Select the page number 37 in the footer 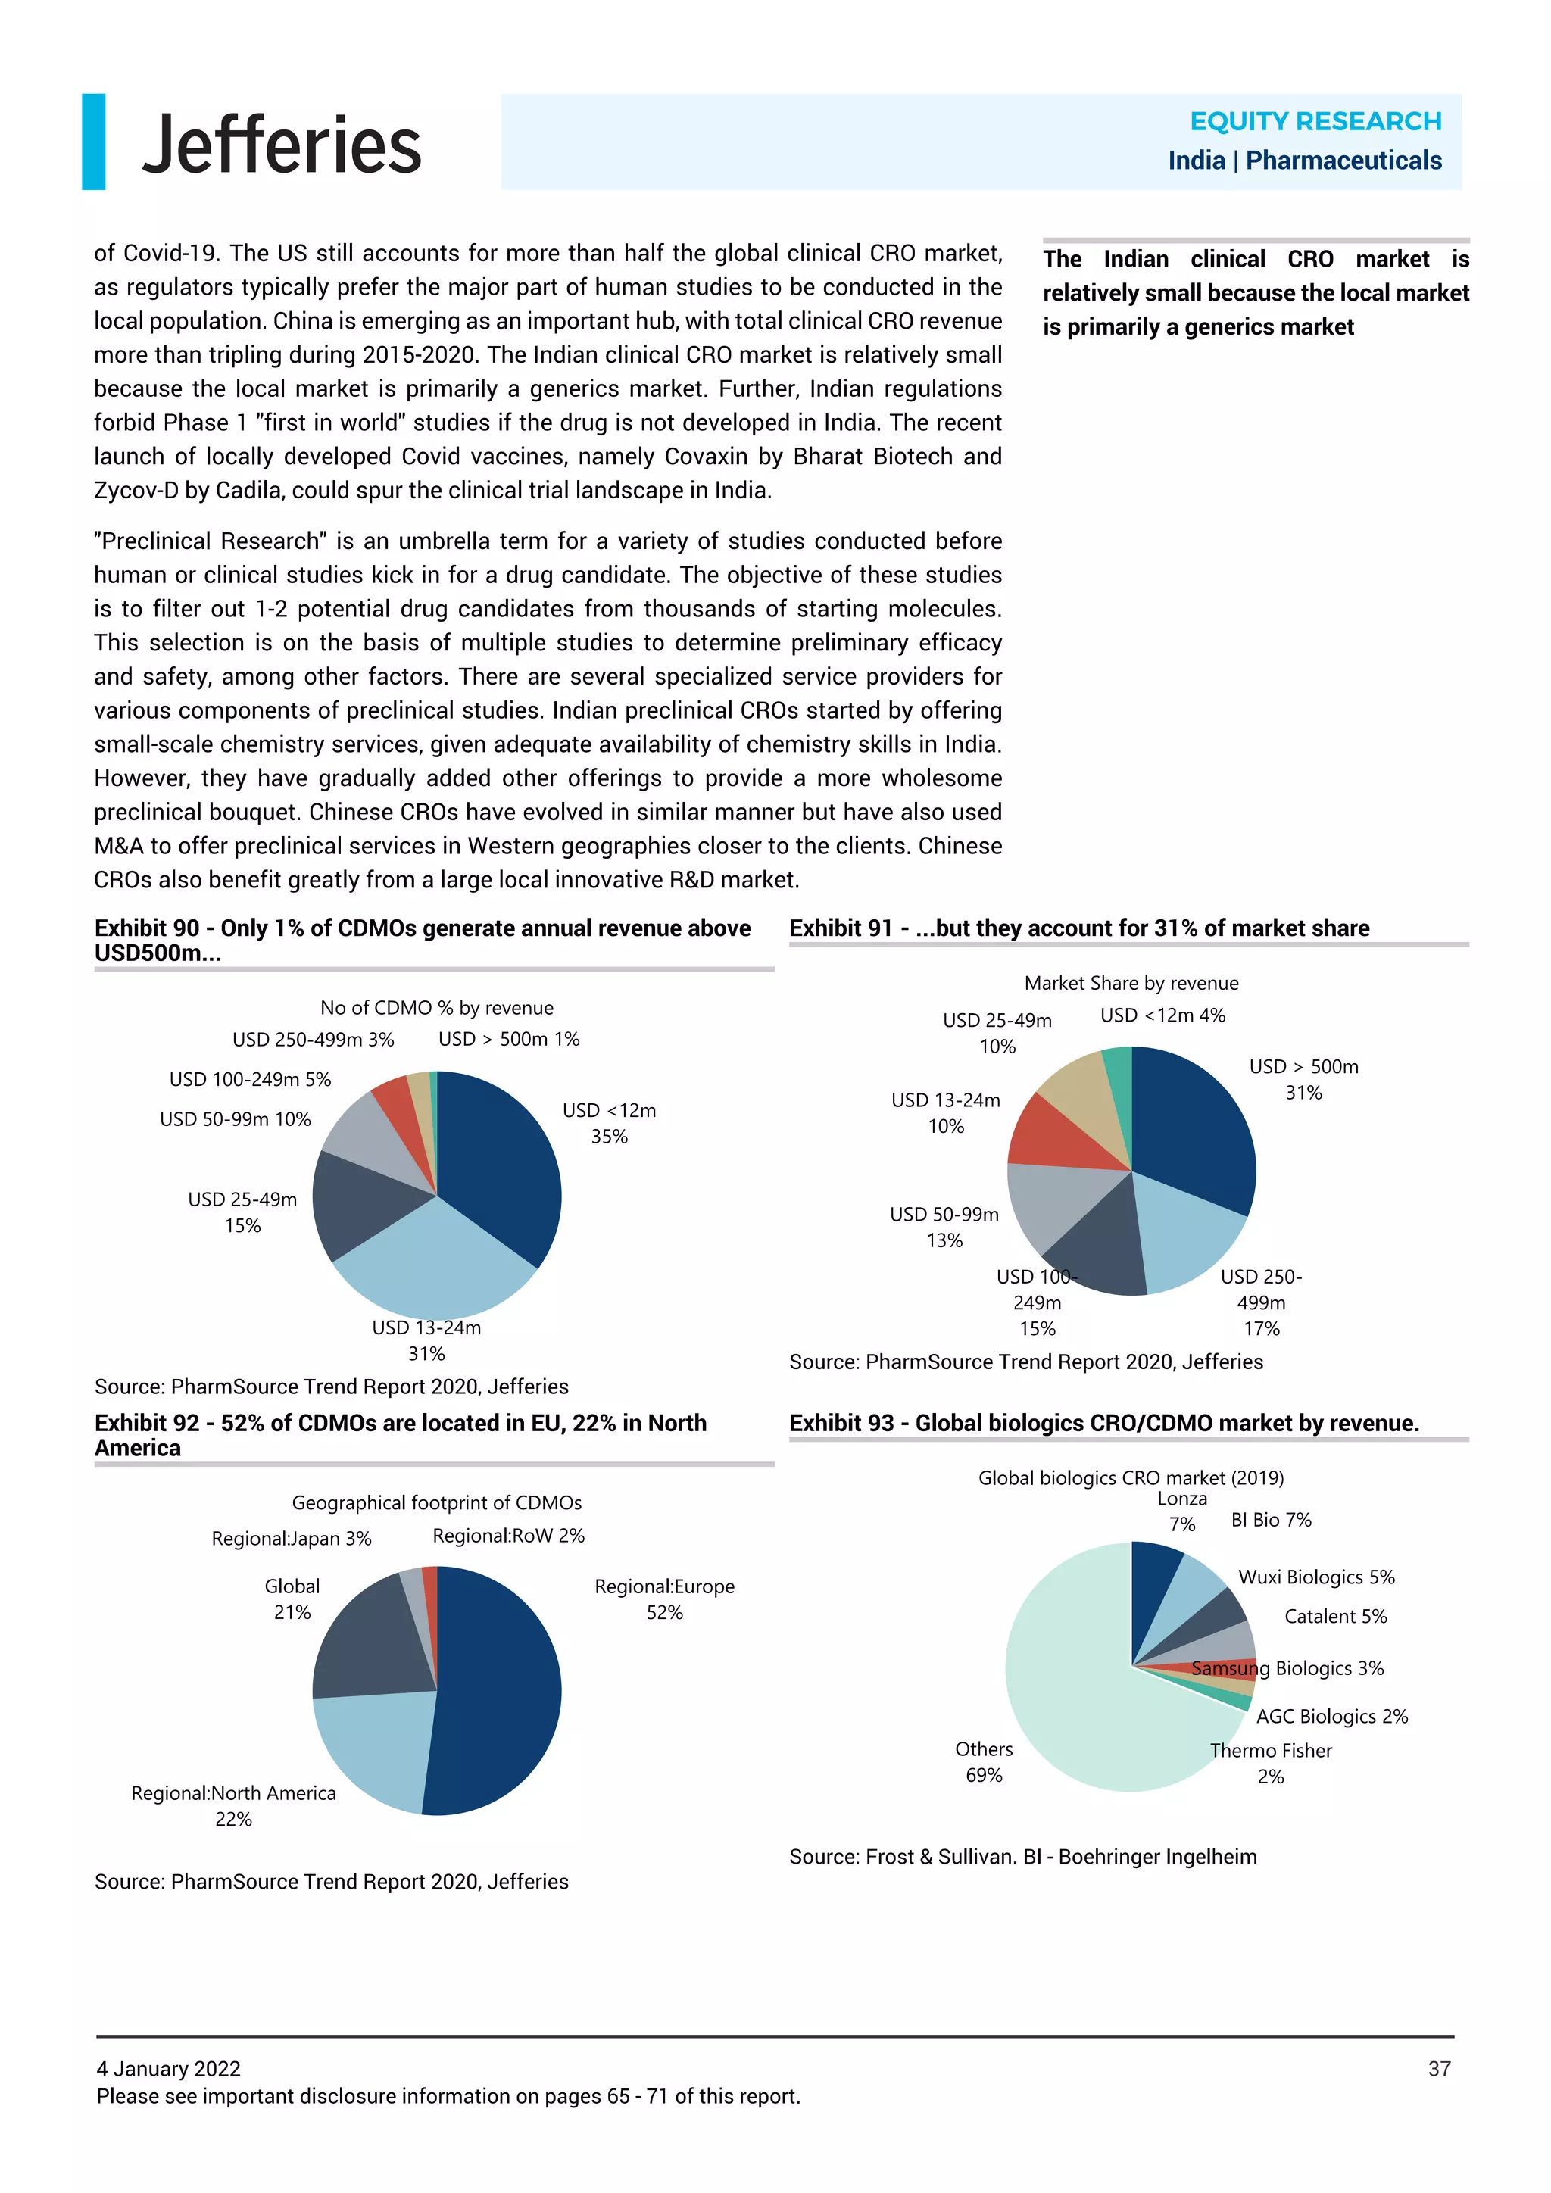coord(1438,2068)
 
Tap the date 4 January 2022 coord(168,2068)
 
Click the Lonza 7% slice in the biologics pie coord(1153,1586)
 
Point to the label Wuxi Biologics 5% coord(1315,1577)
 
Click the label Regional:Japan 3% coord(292,1538)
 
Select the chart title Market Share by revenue coord(1131,983)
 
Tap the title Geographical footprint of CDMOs coord(436,1502)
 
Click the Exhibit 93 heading coord(1103,1423)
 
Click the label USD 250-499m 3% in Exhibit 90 coord(314,1039)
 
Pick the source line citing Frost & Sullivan coord(1022,1856)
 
